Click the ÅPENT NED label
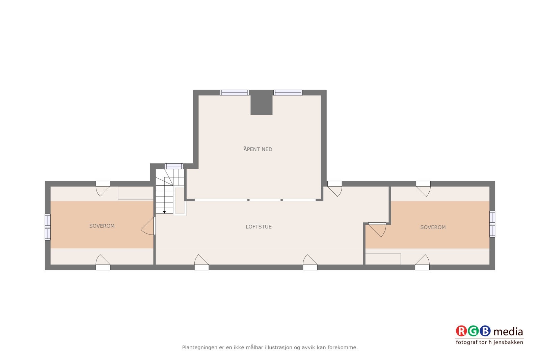(x=258, y=149)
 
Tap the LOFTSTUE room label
(x=259, y=227)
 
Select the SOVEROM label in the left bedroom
(x=102, y=226)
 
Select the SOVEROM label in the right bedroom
(x=433, y=227)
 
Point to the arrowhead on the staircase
(x=164, y=212)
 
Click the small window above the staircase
(x=174, y=166)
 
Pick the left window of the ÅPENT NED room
(x=235, y=92)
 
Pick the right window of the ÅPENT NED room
(x=288, y=92)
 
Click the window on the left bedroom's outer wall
(x=48, y=227)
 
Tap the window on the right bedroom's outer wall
(x=492, y=224)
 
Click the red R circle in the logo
(x=461, y=331)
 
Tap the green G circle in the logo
(x=474, y=331)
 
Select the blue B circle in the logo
(x=485, y=331)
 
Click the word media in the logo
(x=508, y=332)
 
